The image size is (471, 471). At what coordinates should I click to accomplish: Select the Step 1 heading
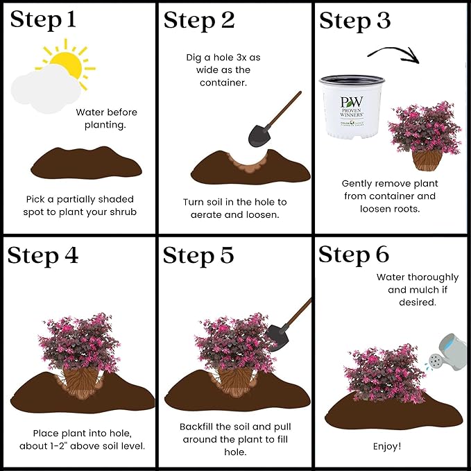[x=43, y=20]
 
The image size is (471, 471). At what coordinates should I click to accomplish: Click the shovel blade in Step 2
[x=259, y=136]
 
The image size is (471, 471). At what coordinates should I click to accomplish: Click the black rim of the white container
[x=352, y=80]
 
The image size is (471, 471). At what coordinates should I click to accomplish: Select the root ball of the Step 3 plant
[x=427, y=160]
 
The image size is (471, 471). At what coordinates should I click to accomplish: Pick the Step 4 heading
[x=43, y=256]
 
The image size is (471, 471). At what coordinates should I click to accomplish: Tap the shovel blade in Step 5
[x=276, y=337]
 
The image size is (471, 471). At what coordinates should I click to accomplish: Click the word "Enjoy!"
[x=387, y=446]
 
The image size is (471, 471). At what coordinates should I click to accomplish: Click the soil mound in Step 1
[x=86, y=162]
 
